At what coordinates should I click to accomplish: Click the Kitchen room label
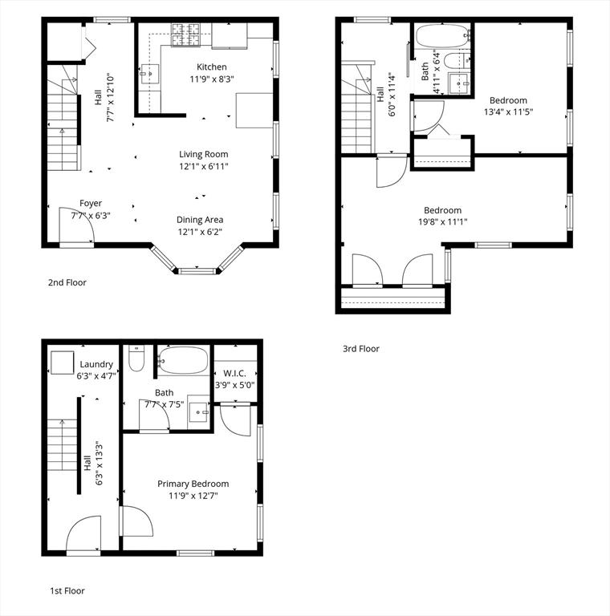coord(211,67)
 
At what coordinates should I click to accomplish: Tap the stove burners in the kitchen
coord(185,34)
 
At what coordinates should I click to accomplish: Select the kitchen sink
coord(150,74)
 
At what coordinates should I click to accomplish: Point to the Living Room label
coord(204,154)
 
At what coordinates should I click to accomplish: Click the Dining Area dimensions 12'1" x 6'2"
coord(200,232)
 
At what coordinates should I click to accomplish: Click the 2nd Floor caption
coord(67,282)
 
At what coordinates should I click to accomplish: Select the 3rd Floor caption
coord(361,349)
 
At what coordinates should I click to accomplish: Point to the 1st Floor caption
coord(67,591)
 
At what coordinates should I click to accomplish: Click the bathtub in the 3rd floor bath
coord(443,36)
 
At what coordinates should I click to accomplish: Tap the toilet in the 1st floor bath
coord(136,359)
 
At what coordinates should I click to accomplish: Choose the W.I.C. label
coord(234,373)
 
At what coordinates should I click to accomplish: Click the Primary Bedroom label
coord(193,484)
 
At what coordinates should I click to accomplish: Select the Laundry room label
coord(96,364)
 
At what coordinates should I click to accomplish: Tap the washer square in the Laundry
coord(62,363)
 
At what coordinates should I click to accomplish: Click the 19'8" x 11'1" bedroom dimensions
coord(442,222)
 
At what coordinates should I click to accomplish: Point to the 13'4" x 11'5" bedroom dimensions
coord(508,112)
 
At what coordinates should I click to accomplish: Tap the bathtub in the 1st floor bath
coord(183,360)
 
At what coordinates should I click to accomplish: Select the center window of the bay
coord(197,271)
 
